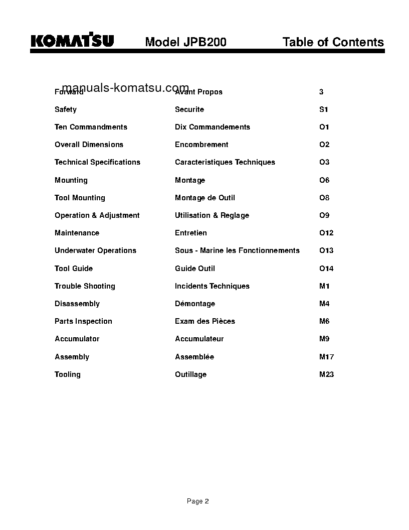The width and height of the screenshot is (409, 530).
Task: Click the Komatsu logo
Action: [72, 41]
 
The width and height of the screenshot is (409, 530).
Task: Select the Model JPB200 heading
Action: [185, 42]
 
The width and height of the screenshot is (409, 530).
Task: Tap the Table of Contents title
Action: [333, 42]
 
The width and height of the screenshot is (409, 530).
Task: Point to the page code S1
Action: [324, 109]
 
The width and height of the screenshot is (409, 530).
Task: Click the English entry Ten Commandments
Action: [91, 127]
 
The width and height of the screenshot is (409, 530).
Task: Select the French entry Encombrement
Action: [201, 145]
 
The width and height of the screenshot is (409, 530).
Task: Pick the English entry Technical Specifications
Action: [97, 162]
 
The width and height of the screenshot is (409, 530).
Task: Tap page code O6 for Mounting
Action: [324, 180]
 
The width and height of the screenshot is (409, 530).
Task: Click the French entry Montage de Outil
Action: [204, 198]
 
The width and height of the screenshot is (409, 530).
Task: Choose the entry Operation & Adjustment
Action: [97, 215]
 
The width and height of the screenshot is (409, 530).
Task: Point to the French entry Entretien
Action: [190, 233]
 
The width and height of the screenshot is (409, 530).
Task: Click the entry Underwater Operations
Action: [95, 250]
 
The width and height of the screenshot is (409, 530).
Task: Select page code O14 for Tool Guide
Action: [326, 269]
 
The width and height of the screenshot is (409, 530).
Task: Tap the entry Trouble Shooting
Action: [85, 286]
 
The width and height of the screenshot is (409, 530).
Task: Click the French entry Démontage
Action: [195, 304]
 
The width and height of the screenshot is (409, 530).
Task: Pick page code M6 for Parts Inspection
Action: [324, 321]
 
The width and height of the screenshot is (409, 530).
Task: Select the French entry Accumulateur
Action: [199, 339]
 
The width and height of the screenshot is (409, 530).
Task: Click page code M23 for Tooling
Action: [326, 374]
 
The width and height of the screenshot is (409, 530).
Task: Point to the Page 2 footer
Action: [198, 501]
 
